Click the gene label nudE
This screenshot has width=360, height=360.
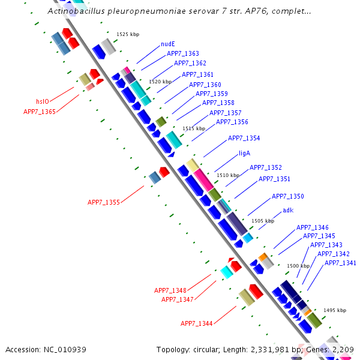tap(168, 44)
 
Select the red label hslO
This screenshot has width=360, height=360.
tap(43, 101)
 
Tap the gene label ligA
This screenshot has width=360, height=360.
tap(244, 153)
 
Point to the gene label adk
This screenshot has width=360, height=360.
tap(288, 210)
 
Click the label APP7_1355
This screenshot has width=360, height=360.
tap(104, 202)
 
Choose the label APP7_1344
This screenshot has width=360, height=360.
tap(197, 323)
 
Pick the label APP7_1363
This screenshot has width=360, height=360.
tap(183, 53)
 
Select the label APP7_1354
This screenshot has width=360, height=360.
tap(244, 138)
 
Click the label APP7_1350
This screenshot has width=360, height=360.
tap(288, 196)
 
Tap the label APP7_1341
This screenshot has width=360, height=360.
tap(341, 263)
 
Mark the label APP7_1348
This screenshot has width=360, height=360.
tap(170, 290)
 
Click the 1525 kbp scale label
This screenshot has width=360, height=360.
tap(128, 34)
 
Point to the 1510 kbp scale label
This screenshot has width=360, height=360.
tap(228, 175)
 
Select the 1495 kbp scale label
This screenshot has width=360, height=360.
tap(335, 310)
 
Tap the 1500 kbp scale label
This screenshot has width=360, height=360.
tap(298, 265)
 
